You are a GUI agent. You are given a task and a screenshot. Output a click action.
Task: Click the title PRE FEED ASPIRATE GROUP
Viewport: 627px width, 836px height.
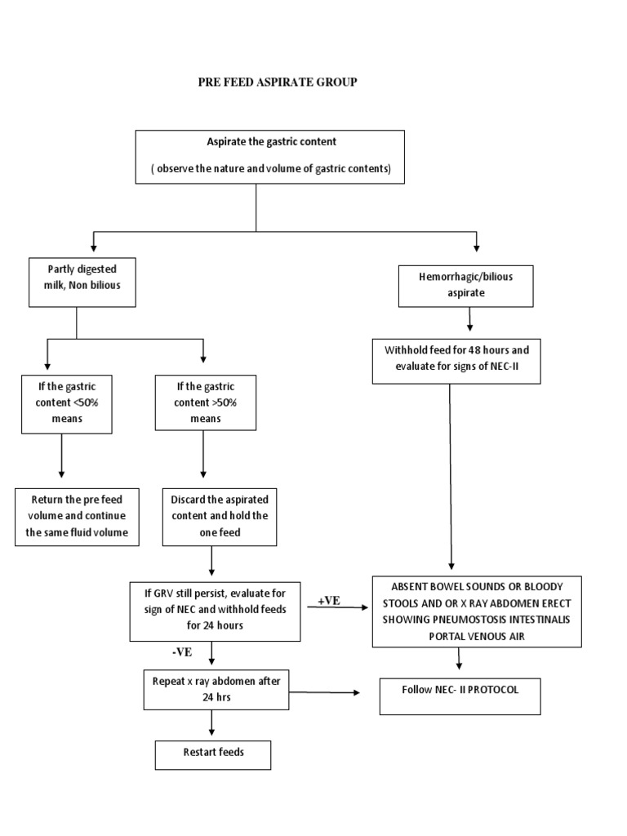278,82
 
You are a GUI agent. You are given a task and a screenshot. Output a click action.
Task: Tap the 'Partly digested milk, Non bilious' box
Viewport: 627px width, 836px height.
82,282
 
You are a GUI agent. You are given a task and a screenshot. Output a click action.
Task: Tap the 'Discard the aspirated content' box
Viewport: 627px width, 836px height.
220,517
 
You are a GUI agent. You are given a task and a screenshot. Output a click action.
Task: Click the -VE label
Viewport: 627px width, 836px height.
182,651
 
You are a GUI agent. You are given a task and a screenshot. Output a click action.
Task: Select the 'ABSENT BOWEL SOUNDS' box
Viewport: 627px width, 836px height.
477,611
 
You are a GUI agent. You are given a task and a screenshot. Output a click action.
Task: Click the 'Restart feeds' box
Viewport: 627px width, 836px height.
212,754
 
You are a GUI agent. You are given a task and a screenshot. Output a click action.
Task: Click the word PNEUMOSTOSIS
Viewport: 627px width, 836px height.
458,619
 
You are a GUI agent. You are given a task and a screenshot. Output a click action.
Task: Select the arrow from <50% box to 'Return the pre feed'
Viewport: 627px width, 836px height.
61,460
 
